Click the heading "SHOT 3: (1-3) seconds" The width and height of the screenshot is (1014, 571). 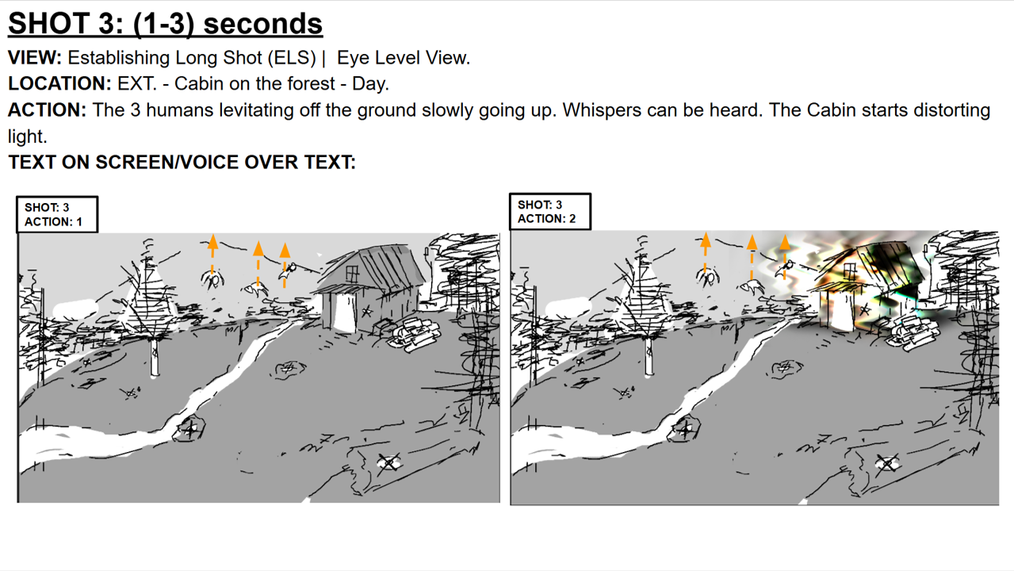[x=165, y=24]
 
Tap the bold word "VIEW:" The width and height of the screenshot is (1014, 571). [x=35, y=58]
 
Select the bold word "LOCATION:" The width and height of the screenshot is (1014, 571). [x=59, y=84]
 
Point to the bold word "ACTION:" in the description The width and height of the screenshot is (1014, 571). [x=47, y=110]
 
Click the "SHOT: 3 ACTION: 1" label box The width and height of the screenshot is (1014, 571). [x=57, y=215]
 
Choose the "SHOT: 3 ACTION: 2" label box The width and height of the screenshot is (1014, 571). [x=550, y=212]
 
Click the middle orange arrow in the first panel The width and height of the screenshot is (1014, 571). [x=258, y=263]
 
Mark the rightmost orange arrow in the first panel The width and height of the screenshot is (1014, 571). [x=285, y=266]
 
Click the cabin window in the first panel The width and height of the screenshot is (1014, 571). [x=352, y=273]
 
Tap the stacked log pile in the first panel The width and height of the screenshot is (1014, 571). [x=414, y=335]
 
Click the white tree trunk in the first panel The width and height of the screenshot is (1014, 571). [x=155, y=357]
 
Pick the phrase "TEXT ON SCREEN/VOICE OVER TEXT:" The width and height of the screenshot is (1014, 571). [x=182, y=162]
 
